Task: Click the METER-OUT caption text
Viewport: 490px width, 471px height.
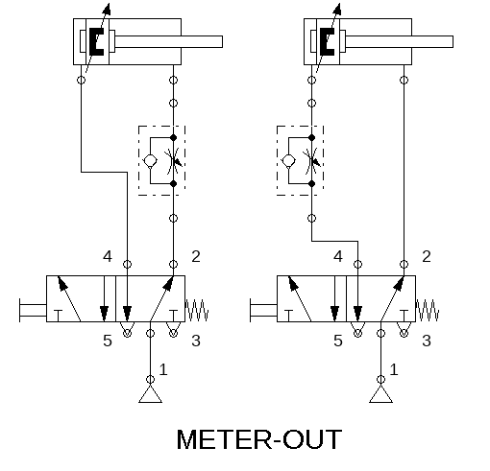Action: pyautogui.click(x=259, y=439)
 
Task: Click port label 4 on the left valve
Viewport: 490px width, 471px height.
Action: pyautogui.click(x=108, y=256)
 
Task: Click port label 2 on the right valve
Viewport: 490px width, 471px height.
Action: pyautogui.click(x=427, y=256)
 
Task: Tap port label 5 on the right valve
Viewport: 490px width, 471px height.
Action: pyautogui.click(x=338, y=341)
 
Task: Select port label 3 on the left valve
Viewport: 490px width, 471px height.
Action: pyautogui.click(x=196, y=341)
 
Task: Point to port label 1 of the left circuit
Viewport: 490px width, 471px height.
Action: pyautogui.click(x=163, y=369)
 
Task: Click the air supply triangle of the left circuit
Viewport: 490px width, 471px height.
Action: pyautogui.click(x=150, y=394)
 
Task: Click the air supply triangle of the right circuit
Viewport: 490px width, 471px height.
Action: pyautogui.click(x=380, y=394)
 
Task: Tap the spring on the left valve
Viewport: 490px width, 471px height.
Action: pyautogui.click(x=197, y=310)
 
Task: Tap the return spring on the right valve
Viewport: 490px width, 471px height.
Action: pyautogui.click(x=428, y=310)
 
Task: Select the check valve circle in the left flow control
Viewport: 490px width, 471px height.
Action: pyautogui.click(x=150, y=160)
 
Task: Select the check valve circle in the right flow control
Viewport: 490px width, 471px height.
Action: pyautogui.click(x=288, y=160)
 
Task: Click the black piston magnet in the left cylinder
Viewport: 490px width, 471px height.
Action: pyautogui.click(x=96, y=41)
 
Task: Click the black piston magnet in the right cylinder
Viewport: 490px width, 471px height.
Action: pyautogui.click(x=327, y=41)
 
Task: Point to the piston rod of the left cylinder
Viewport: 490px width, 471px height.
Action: pyautogui.click(x=168, y=41)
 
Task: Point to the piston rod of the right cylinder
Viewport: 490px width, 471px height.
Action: pyautogui.click(x=399, y=41)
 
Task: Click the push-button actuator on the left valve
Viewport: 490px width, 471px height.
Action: pyautogui.click(x=33, y=310)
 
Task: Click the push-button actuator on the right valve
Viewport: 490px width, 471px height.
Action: pyautogui.click(x=263, y=310)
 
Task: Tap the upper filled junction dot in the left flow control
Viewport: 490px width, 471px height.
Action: pyautogui.click(x=173, y=138)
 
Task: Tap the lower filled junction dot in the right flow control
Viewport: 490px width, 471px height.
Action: pyautogui.click(x=311, y=184)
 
